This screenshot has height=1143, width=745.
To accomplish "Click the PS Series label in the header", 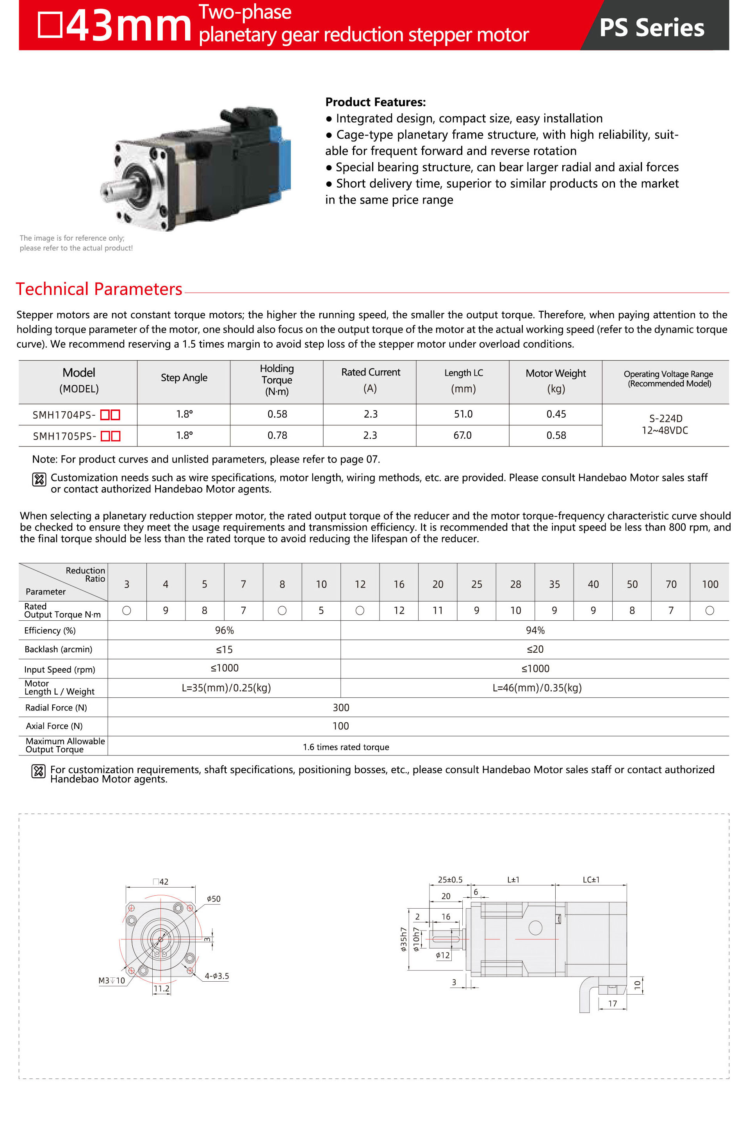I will [651, 27].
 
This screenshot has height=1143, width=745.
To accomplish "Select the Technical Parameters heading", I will [99, 289].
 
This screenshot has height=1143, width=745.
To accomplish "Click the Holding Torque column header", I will [276, 380].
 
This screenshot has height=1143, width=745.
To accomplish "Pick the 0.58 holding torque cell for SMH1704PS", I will [277, 414].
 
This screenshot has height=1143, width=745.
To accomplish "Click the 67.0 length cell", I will [462, 435].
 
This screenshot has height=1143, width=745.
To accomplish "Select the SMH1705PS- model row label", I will [64, 436].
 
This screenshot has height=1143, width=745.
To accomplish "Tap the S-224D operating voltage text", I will [665, 418].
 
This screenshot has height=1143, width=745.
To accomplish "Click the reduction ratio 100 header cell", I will [709, 584].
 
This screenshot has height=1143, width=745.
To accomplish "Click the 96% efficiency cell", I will [224, 630].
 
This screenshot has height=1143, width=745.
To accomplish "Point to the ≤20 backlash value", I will [535, 649].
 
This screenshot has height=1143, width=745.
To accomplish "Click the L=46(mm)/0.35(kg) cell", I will [536, 688].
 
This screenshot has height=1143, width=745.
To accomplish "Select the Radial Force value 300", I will [341, 707].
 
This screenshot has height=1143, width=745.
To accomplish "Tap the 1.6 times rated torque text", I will [346, 747].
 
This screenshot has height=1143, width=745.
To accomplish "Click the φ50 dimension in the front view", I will [213, 899].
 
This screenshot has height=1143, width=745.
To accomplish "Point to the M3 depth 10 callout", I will [111, 980].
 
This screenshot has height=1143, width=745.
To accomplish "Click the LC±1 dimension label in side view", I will [591, 880].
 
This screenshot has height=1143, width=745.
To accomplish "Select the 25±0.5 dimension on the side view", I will [450, 880].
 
